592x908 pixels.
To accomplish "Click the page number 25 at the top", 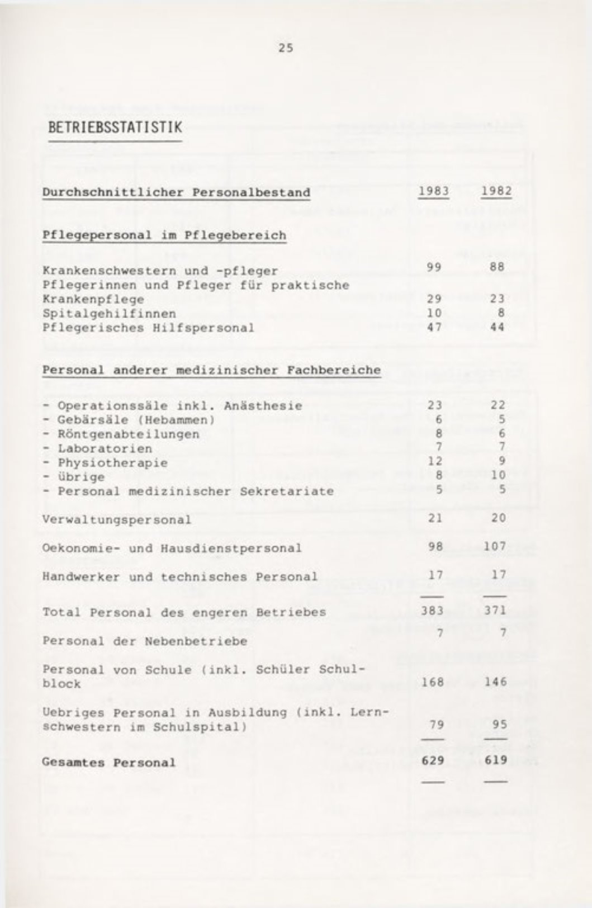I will tap(286, 48).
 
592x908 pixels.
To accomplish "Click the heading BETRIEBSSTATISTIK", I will tap(115, 127).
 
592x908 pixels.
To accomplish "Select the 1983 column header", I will tap(434, 191).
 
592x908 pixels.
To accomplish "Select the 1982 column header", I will tap(496, 191).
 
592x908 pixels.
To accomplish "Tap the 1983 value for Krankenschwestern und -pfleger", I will tap(434, 267).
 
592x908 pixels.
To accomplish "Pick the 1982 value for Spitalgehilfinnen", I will tap(501, 313).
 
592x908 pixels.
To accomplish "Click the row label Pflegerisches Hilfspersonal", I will tap(148, 328).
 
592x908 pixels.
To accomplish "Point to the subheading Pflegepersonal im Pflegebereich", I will tap(164, 235).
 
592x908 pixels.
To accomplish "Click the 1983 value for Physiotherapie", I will tap(434, 461).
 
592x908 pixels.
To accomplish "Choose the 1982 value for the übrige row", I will tap(498, 475).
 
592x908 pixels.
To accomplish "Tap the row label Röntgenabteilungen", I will tap(129, 434).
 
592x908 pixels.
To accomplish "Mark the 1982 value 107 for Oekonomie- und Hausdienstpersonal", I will tap(495, 546).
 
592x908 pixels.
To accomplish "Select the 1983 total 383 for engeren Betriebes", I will tap(432, 611).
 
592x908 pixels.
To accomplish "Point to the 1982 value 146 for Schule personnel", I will tap(495, 682).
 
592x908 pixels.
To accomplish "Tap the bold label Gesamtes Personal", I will tap(109, 763).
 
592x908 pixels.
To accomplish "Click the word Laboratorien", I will tap(105, 448).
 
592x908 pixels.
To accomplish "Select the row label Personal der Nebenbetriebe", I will tap(145, 641).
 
